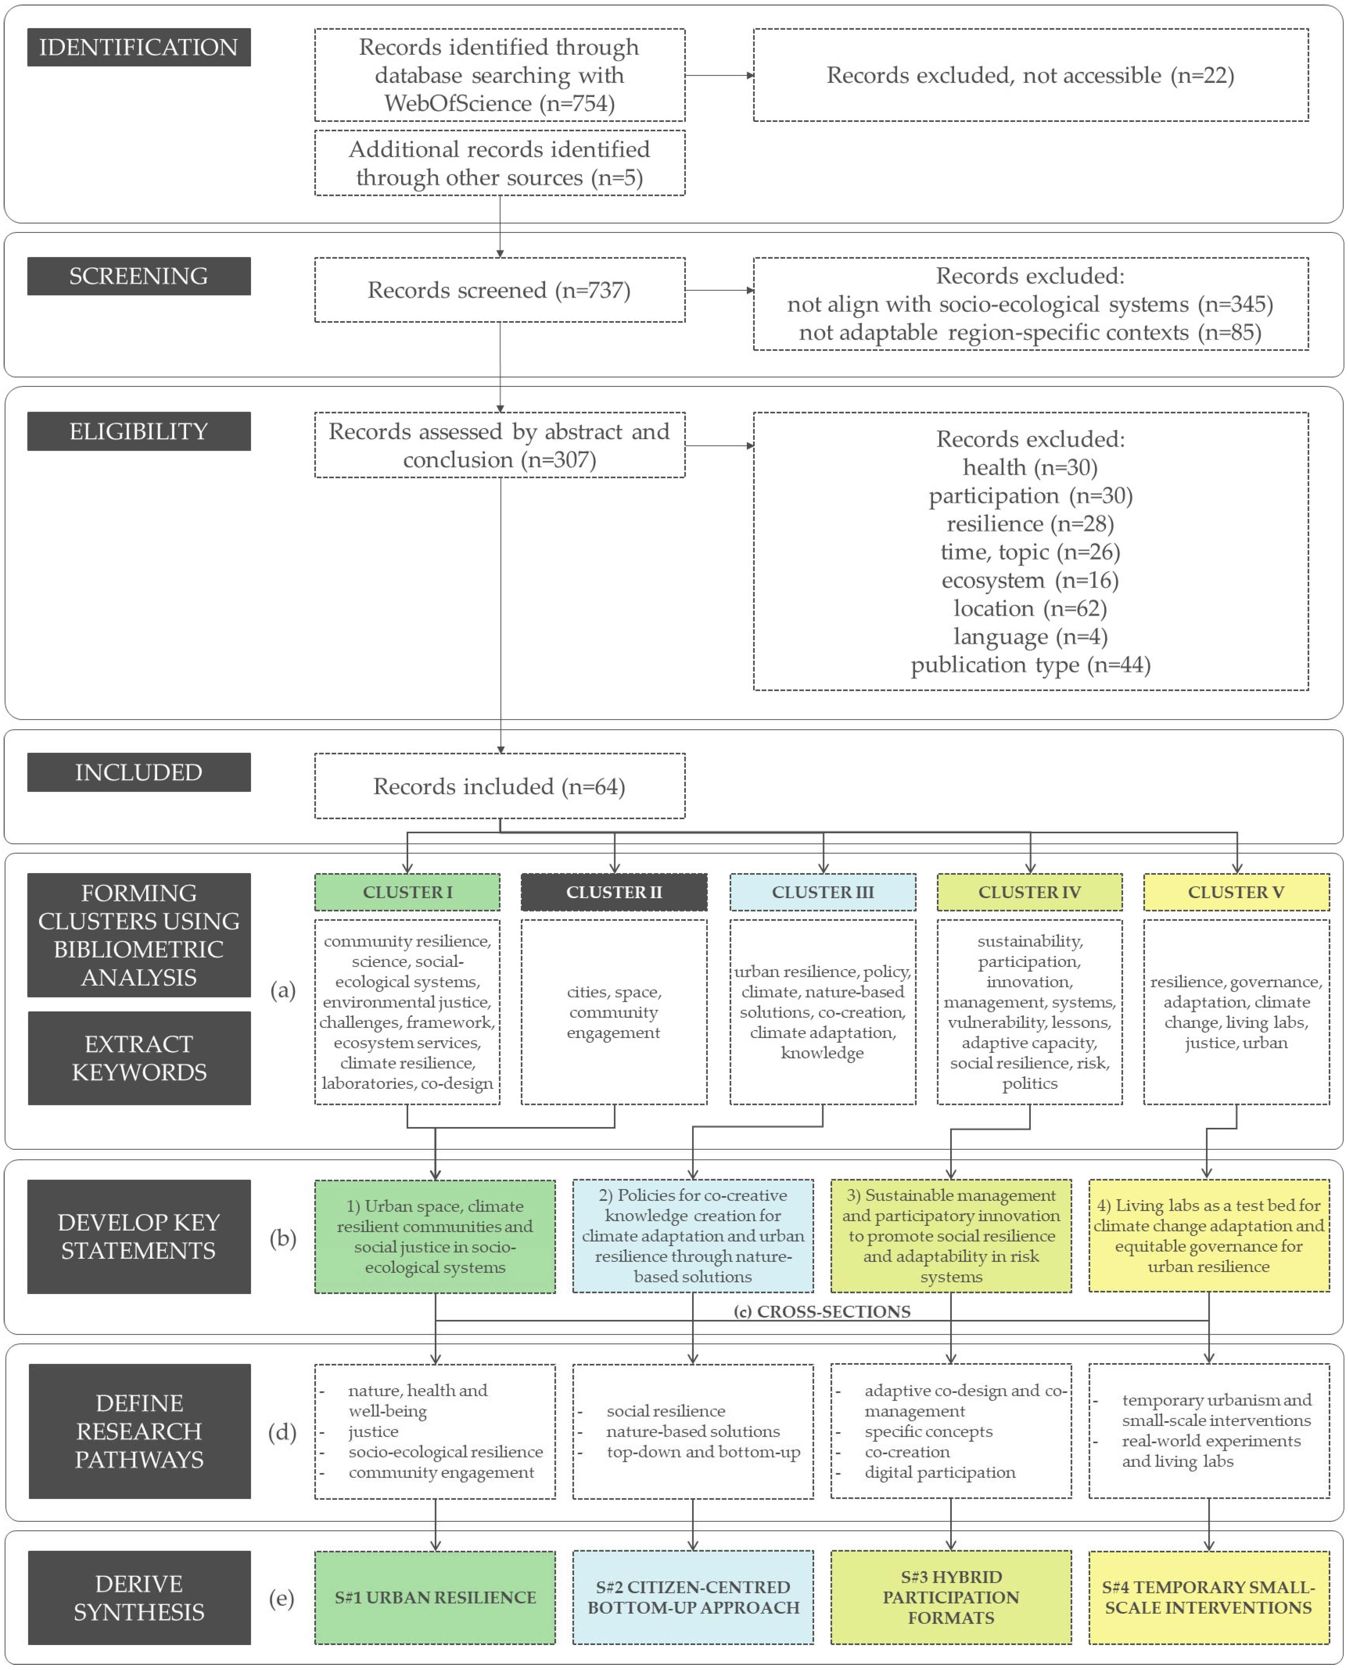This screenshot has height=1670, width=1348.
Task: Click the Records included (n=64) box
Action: click(x=499, y=786)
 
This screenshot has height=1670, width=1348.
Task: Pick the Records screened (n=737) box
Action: click(x=499, y=290)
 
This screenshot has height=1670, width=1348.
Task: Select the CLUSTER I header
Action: click(x=407, y=892)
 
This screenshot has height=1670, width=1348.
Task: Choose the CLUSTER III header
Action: click(x=822, y=892)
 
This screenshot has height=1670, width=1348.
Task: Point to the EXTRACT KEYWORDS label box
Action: click(x=139, y=1058)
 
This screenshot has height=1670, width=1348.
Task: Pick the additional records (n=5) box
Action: click(x=499, y=163)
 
